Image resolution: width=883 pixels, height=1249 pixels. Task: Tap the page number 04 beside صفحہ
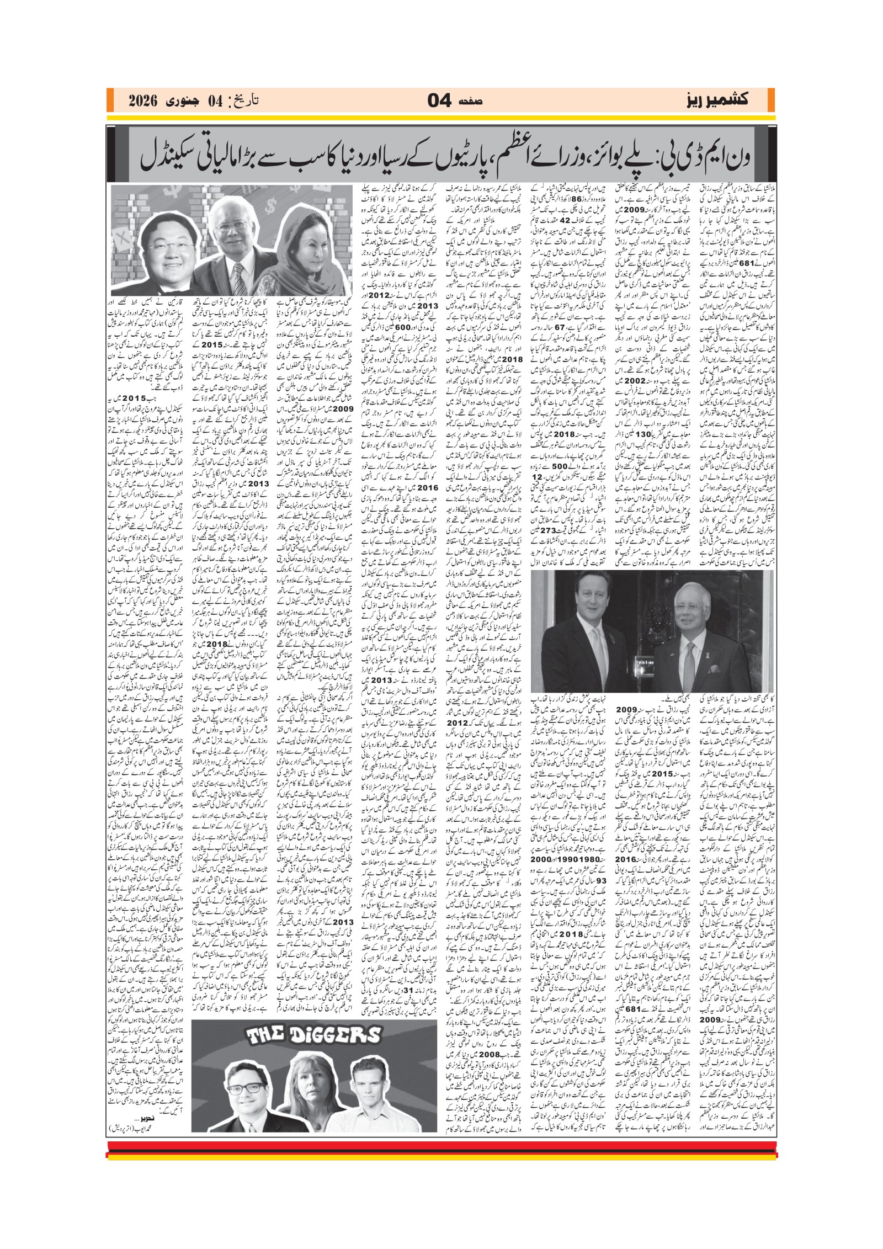(x=441, y=101)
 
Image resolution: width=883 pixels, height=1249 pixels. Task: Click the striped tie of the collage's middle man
(x=238, y=275)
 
